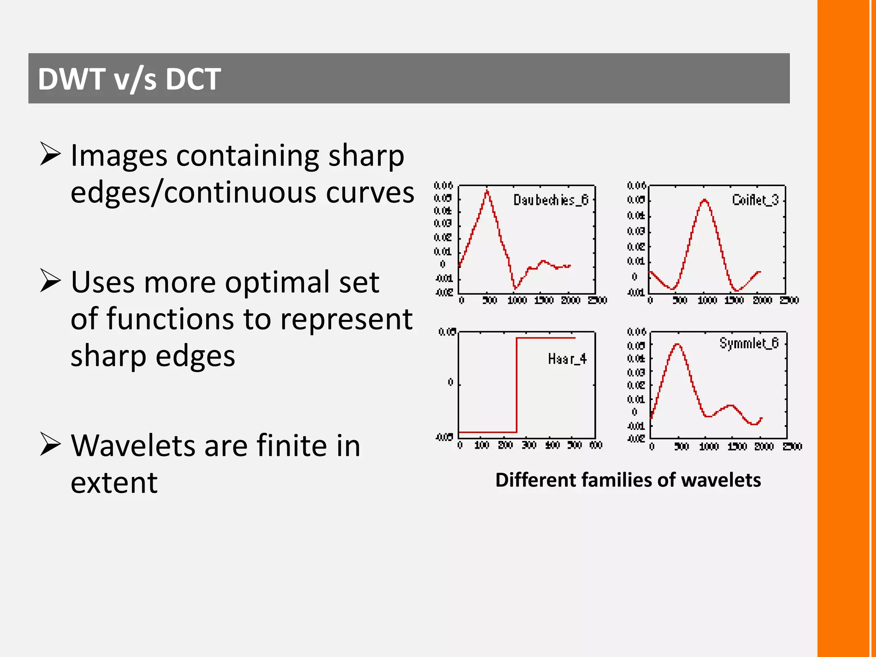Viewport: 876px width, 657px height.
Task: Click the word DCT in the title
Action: pos(193,79)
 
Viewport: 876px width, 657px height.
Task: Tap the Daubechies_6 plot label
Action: pos(550,200)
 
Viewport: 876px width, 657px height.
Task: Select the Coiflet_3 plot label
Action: pos(755,200)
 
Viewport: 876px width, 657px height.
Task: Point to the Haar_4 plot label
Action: pos(567,359)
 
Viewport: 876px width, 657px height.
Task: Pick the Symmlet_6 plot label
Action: pos(749,343)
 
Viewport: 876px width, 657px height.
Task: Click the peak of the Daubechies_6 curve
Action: pos(487,191)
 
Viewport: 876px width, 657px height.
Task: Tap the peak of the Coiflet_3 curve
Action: pos(704,200)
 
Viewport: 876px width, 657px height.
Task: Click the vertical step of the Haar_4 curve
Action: pos(517,385)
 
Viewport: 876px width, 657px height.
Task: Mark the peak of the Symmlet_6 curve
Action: pos(678,344)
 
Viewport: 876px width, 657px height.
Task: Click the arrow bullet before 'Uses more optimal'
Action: pos(50,281)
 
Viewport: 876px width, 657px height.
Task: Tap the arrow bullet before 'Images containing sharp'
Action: pos(50,154)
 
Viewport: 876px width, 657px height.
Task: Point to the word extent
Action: pos(114,482)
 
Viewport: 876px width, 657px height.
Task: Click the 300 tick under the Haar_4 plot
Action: pos(529,445)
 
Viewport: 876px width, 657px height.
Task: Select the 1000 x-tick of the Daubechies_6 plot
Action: pos(517,300)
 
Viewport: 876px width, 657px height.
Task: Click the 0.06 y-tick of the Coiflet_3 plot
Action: pos(636,186)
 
